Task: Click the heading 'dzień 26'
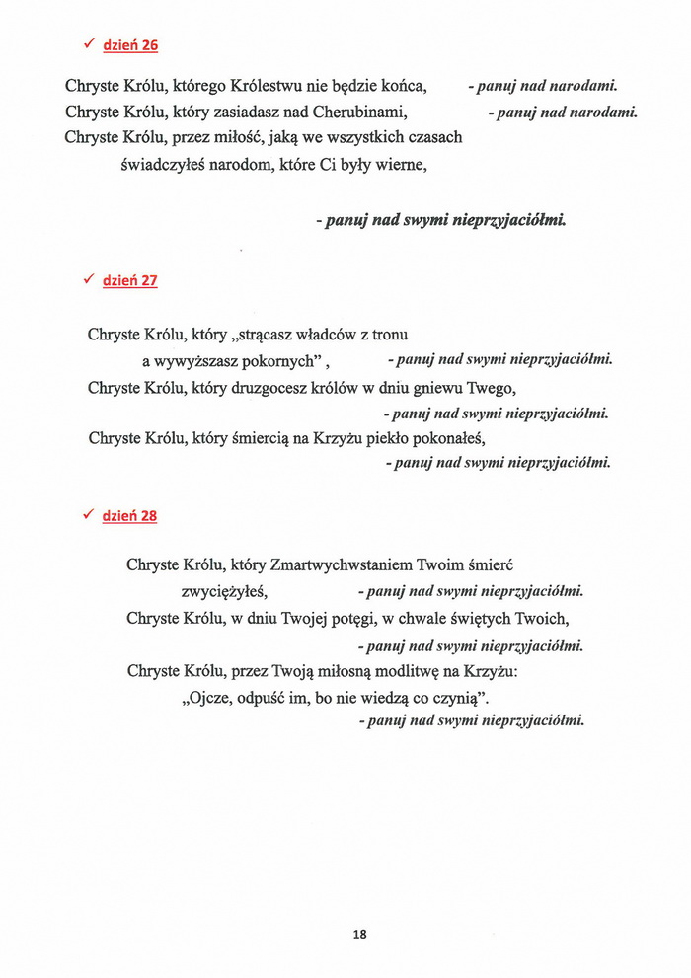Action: (x=130, y=45)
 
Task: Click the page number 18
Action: (x=359, y=934)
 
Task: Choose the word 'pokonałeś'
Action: (x=440, y=438)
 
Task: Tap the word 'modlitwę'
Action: (x=412, y=671)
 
